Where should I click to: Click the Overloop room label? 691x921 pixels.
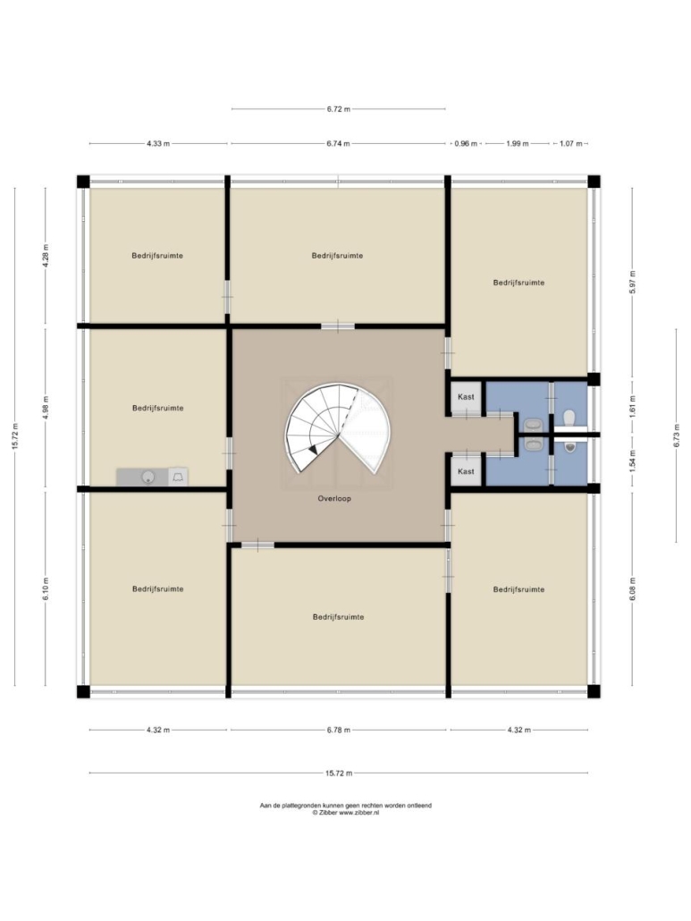coord(334,499)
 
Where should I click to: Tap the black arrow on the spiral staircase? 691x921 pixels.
coord(314,450)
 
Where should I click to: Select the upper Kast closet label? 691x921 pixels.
coord(466,397)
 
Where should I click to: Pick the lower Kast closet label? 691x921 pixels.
coord(466,471)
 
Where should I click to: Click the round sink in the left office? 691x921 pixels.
coord(148,477)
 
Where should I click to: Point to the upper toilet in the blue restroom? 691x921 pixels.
coord(569,418)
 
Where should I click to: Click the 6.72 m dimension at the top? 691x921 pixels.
coord(339,109)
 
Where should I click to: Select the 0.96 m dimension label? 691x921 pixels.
coord(466,143)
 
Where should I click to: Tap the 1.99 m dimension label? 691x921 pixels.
coord(518,143)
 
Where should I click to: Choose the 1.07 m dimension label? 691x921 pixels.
coord(570,143)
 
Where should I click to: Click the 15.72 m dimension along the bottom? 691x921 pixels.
coord(339,773)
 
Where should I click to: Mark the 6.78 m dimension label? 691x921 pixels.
coord(339,731)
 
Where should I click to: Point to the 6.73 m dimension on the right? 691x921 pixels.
coord(677,435)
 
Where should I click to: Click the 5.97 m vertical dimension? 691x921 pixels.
coord(632,282)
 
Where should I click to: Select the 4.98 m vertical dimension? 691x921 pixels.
coord(46,408)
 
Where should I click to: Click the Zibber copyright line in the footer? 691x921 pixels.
coord(346,813)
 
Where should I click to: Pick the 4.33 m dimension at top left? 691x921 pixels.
coord(158,143)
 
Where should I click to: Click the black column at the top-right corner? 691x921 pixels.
coord(594,181)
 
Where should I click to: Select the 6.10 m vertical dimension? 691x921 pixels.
coord(46,588)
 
